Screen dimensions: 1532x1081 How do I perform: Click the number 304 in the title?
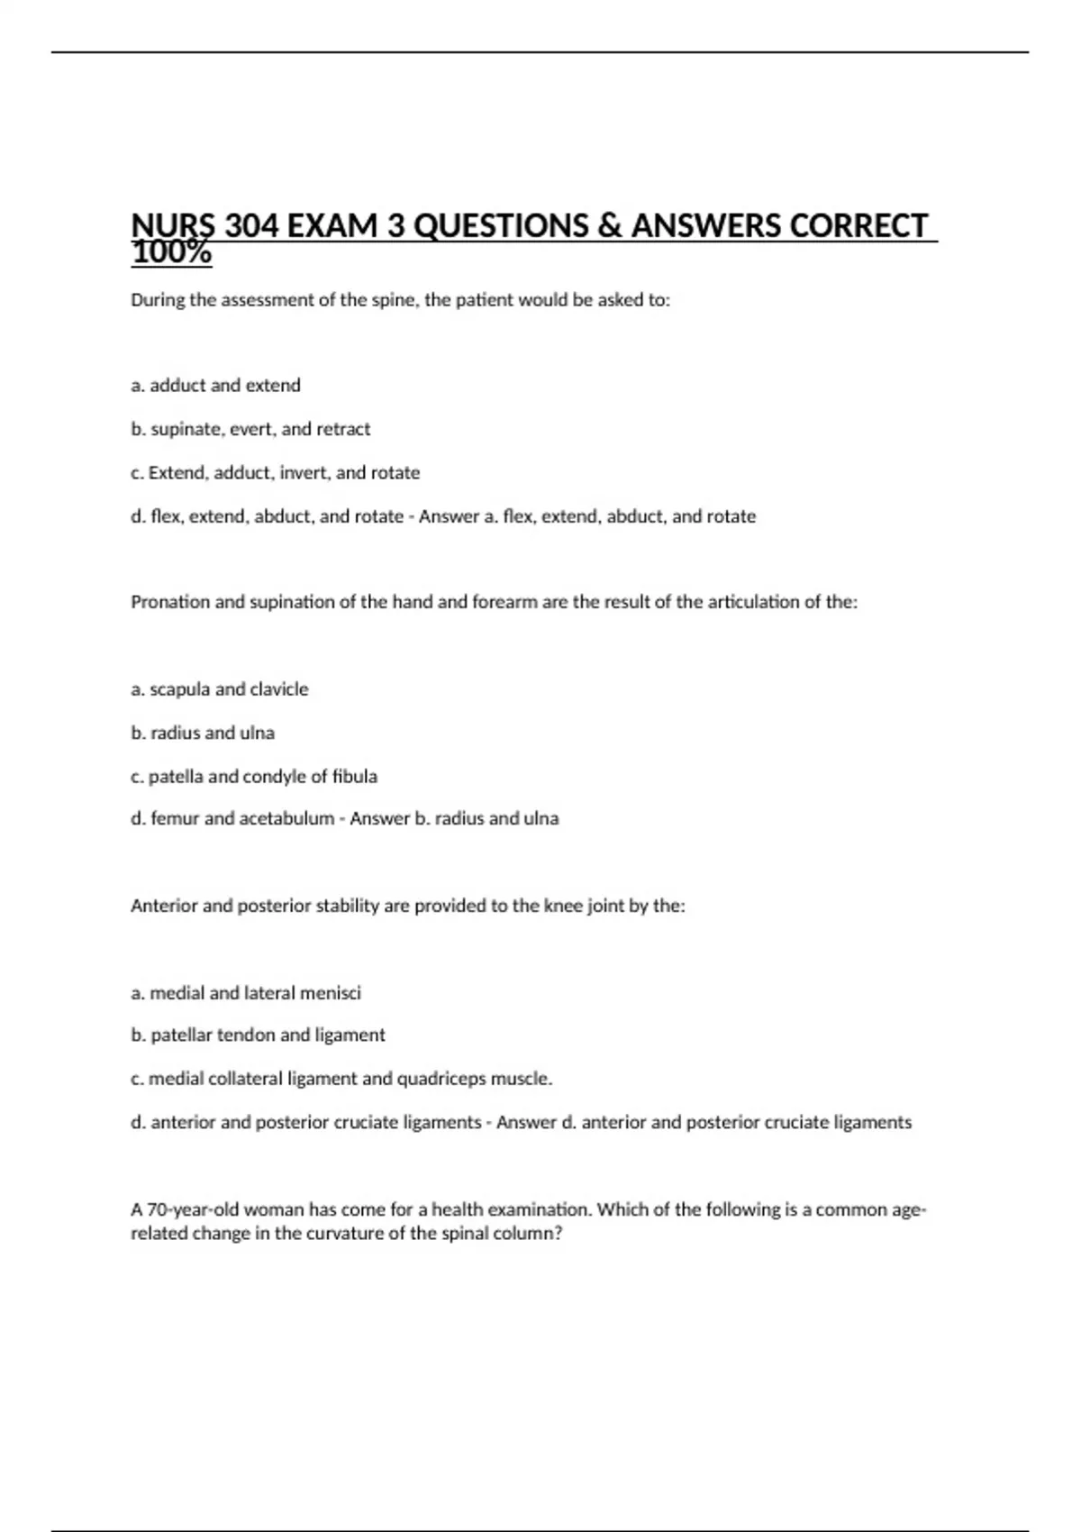[252, 226]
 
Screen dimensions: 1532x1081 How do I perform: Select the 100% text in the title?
[171, 253]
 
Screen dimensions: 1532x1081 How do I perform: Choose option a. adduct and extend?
[215, 386]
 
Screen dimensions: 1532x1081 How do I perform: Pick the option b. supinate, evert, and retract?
[250, 429]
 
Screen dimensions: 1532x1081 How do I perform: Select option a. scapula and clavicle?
[219, 689]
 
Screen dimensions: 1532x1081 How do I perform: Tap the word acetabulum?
[286, 819]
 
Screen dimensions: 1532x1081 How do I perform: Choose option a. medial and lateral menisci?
[245, 993]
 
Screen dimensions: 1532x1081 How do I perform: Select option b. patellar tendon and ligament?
[258, 1035]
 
